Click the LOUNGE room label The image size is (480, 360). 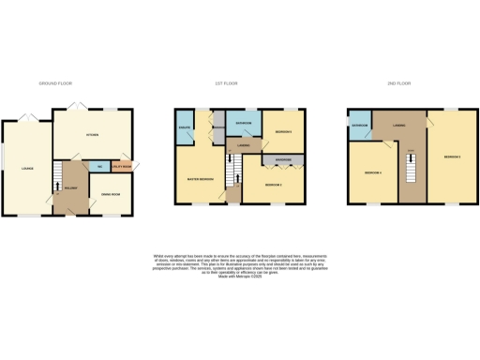pos(27,169)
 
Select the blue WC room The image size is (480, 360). pos(99,166)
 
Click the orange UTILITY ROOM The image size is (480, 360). pos(122,166)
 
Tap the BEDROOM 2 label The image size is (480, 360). pos(273,186)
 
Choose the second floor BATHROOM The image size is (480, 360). pos(359,124)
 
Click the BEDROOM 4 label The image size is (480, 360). pos(372,173)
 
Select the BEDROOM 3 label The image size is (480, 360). pos(452,157)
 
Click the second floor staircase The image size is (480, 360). pos(411,170)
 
